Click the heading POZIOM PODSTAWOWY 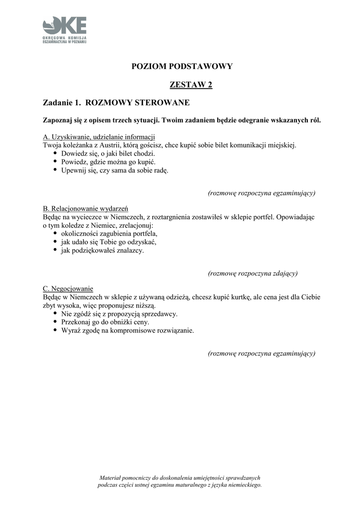182,66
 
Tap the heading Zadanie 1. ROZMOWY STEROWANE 116,103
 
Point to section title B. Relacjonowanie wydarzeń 86,209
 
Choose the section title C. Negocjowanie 68,288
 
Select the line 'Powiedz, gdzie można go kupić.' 108,162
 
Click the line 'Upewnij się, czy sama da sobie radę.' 115,170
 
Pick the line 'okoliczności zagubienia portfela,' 109,233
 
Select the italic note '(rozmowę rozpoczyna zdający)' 253,273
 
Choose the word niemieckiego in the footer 240,485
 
